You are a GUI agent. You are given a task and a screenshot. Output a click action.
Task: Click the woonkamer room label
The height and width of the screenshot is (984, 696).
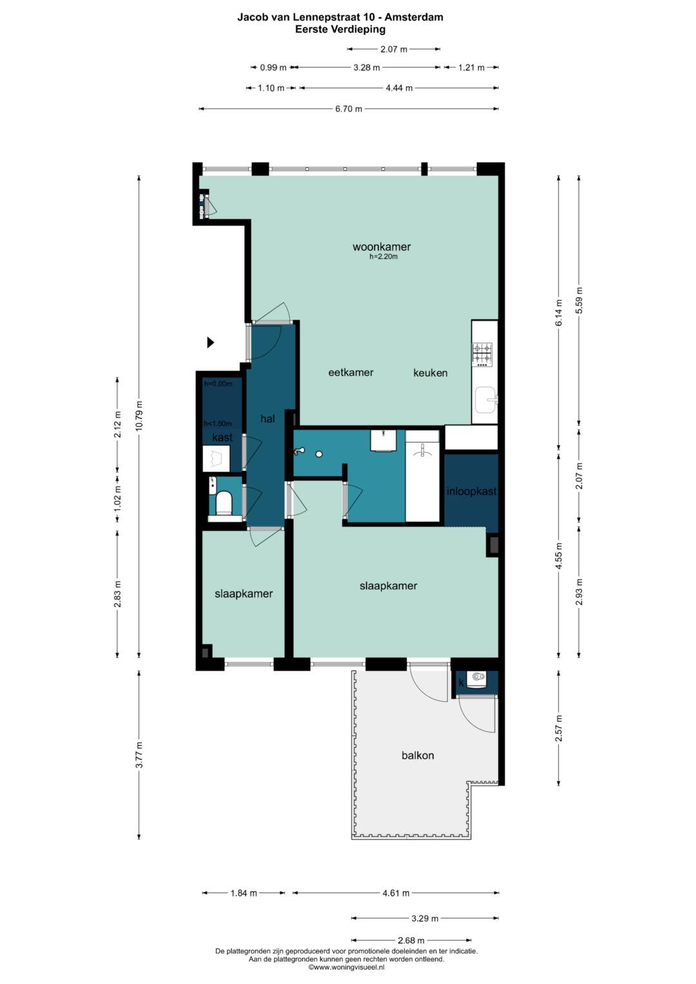(382, 247)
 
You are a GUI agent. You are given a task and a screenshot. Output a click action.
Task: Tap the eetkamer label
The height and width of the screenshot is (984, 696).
(351, 372)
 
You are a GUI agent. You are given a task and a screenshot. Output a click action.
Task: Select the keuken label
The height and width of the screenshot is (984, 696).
(430, 373)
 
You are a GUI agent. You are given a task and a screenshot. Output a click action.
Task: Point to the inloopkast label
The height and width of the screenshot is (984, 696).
(472, 491)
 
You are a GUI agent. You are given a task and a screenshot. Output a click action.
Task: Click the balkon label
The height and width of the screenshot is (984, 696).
(418, 755)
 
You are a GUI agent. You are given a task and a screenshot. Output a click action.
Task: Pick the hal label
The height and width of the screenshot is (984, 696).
(267, 419)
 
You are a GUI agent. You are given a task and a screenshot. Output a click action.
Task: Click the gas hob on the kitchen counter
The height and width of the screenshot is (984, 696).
(482, 354)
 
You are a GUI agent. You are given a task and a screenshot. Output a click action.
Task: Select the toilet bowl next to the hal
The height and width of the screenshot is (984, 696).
(224, 503)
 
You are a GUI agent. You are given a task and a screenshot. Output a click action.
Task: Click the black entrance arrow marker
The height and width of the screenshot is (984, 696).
(211, 342)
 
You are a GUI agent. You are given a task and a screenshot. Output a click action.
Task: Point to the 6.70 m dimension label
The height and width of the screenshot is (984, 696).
(349, 109)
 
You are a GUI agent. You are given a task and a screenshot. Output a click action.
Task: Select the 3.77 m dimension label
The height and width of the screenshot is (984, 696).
(139, 754)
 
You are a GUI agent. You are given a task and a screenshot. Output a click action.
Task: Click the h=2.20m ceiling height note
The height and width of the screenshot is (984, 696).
(383, 257)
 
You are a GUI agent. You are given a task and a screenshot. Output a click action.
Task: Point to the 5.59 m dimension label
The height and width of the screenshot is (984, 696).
(579, 300)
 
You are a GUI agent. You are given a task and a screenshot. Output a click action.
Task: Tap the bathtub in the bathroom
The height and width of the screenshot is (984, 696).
(422, 476)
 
